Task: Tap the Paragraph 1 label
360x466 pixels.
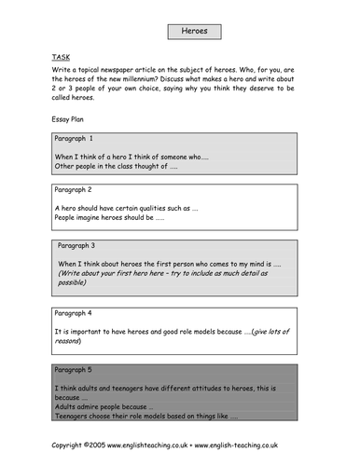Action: click(x=81, y=138)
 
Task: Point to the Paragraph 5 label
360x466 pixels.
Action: click(x=81, y=370)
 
